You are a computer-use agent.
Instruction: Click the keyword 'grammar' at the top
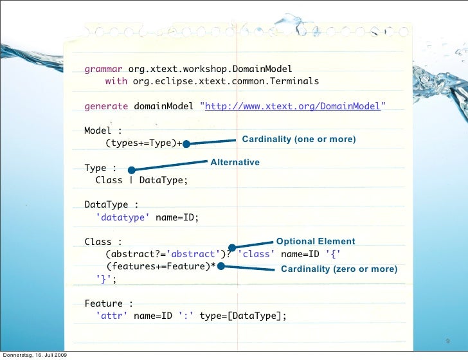pyautogui.click(x=104, y=69)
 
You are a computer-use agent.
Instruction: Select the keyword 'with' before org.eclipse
pyautogui.click(x=116, y=82)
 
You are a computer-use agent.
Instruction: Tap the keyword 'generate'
pyautogui.click(x=106, y=106)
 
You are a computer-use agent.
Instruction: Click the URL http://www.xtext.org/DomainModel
pyautogui.click(x=292, y=106)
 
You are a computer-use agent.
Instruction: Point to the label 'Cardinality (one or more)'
pyautogui.click(x=298, y=139)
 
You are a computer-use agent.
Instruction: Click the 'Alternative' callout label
pyautogui.click(x=235, y=162)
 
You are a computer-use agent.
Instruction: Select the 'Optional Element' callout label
pyautogui.click(x=315, y=241)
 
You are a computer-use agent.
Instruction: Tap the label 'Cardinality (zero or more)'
pyautogui.click(x=339, y=269)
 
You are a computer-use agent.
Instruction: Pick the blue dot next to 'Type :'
pyautogui.click(x=130, y=170)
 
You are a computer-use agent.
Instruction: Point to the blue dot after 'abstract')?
pyautogui.click(x=232, y=247)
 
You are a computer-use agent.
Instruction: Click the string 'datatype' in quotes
pyautogui.click(x=123, y=217)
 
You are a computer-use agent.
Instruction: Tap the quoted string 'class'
pyautogui.click(x=256, y=254)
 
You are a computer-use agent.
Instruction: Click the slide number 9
pyautogui.click(x=447, y=341)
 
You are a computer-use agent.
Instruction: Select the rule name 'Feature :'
pyautogui.click(x=109, y=303)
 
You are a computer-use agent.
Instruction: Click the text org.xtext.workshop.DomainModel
pyautogui.click(x=210, y=69)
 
